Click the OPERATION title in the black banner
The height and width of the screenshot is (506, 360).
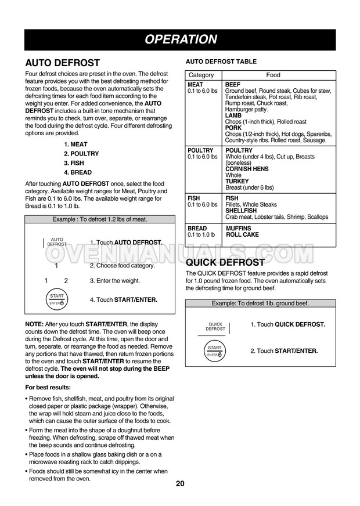tap(181, 39)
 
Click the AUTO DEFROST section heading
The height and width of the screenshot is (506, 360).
tap(63, 63)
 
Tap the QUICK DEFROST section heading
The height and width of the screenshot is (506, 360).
tap(225, 262)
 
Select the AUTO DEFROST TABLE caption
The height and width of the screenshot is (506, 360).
tap(221, 62)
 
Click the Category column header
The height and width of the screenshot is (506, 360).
tap(201, 75)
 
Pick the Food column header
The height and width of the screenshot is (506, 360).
tap(273, 75)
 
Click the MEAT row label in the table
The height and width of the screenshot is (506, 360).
tap(195, 85)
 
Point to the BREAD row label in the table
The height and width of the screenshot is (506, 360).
tap(197, 229)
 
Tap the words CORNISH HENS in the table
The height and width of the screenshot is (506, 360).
tap(247, 169)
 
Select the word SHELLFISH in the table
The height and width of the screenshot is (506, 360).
tap(243, 211)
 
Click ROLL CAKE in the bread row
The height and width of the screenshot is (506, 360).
tap(243, 235)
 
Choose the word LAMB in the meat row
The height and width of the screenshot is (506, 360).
tap(233, 115)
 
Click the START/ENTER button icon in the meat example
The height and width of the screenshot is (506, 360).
tap(57, 299)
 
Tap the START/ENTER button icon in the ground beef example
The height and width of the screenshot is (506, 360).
tap(215, 351)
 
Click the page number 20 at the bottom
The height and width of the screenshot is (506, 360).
tap(180, 485)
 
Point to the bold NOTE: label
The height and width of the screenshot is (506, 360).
tap(34, 324)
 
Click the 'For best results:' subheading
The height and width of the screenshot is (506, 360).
tap(48, 387)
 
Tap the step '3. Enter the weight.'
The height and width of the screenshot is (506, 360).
tap(115, 281)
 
